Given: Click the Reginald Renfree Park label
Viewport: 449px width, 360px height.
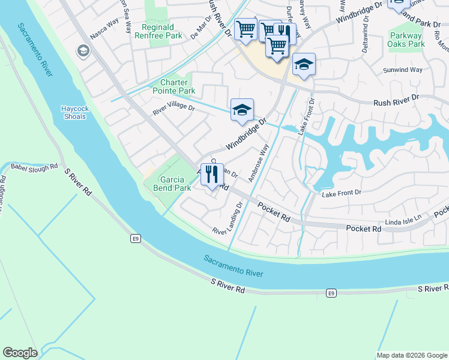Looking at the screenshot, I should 161,31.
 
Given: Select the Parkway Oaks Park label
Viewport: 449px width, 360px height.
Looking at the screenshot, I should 406,40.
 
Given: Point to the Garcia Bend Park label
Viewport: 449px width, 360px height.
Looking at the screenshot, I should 175,184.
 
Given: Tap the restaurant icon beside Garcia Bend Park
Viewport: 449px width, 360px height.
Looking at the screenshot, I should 211,175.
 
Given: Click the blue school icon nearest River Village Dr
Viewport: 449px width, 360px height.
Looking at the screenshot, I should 242,110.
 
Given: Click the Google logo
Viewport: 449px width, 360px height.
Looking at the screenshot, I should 20,353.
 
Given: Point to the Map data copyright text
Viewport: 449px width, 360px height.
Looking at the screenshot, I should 411,355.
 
